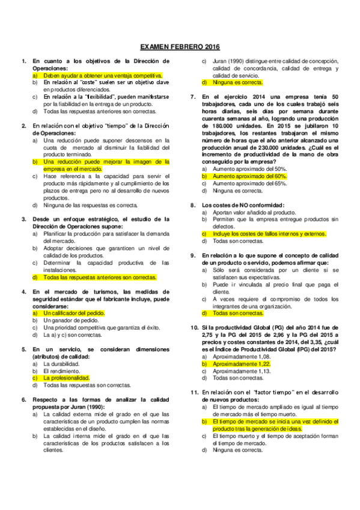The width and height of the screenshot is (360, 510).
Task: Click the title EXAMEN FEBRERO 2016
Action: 180,46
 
